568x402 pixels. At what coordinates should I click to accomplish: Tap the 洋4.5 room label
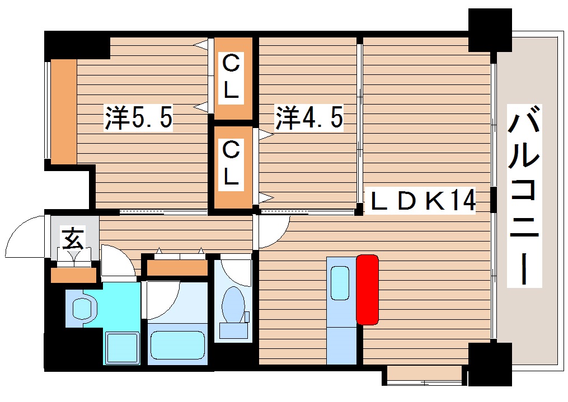(x=308, y=118)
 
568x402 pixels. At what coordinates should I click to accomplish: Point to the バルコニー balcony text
(x=524, y=195)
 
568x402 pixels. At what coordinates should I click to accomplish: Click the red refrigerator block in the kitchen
(x=367, y=289)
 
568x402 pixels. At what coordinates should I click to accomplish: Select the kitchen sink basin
(x=340, y=283)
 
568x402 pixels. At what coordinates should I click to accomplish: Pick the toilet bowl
(x=233, y=305)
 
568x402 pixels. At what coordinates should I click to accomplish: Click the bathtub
(x=177, y=344)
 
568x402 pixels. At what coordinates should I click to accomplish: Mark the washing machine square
(x=122, y=348)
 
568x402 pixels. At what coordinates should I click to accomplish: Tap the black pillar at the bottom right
(x=490, y=364)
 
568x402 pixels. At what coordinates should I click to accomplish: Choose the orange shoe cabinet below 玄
(x=73, y=275)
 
